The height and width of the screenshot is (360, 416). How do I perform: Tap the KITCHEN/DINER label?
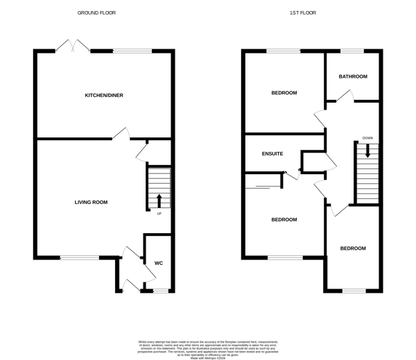[x=104, y=95]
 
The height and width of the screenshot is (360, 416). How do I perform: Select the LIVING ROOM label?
[x=91, y=202]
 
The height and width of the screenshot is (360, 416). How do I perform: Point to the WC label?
[x=158, y=263]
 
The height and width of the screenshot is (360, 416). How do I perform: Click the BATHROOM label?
[x=353, y=76]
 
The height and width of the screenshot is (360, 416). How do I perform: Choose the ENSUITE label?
[x=272, y=153]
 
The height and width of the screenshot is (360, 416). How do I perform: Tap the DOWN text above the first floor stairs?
[x=367, y=138]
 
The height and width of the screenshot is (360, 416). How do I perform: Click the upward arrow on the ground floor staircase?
[x=159, y=200]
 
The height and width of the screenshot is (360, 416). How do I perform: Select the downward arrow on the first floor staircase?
[x=367, y=148]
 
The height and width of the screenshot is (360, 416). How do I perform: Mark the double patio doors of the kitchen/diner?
[x=73, y=46]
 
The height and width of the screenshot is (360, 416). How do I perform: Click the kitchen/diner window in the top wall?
[x=131, y=50]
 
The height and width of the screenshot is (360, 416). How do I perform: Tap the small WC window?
[x=160, y=290]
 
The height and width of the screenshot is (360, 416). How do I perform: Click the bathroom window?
[x=352, y=50]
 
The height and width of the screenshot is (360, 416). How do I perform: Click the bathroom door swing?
[x=342, y=101]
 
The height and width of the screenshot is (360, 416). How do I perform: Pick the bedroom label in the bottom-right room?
[x=352, y=248]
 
